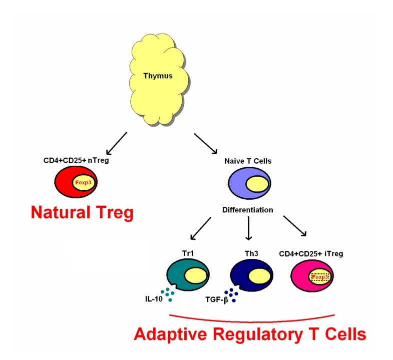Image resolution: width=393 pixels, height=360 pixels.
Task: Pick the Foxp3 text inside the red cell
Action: point(83,183)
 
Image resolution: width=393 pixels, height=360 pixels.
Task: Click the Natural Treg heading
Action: point(82,213)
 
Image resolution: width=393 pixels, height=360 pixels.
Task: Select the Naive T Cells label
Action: point(248,162)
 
